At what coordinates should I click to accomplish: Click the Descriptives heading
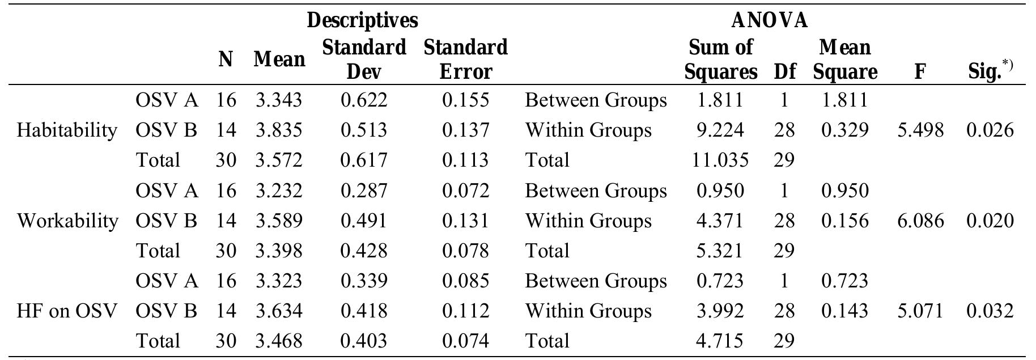click(x=362, y=20)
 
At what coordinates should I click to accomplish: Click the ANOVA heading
click(x=770, y=20)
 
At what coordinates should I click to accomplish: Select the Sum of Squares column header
click(x=720, y=60)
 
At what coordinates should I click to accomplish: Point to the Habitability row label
click(x=67, y=130)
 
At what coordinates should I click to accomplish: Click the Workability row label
click(x=67, y=221)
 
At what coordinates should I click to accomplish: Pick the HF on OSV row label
click(x=67, y=311)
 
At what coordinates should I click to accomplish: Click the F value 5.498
click(x=920, y=130)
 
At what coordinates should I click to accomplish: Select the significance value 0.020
click(x=990, y=221)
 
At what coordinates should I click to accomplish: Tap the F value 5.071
click(x=920, y=311)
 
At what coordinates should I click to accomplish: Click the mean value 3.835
click(x=279, y=130)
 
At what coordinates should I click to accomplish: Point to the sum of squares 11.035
click(x=720, y=160)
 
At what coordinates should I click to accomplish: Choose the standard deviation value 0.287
click(x=364, y=190)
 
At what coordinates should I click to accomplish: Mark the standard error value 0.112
click(x=465, y=311)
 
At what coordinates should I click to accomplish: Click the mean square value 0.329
click(x=844, y=130)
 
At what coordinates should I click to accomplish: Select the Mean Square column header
click(x=844, y=60)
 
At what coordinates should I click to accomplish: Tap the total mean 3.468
click(x=279, y=341)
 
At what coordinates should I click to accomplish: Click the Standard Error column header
click(x=465, y=60)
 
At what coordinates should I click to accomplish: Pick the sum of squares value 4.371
click(x=720, y=221)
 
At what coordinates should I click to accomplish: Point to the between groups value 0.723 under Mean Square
click(x=844, y=281)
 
